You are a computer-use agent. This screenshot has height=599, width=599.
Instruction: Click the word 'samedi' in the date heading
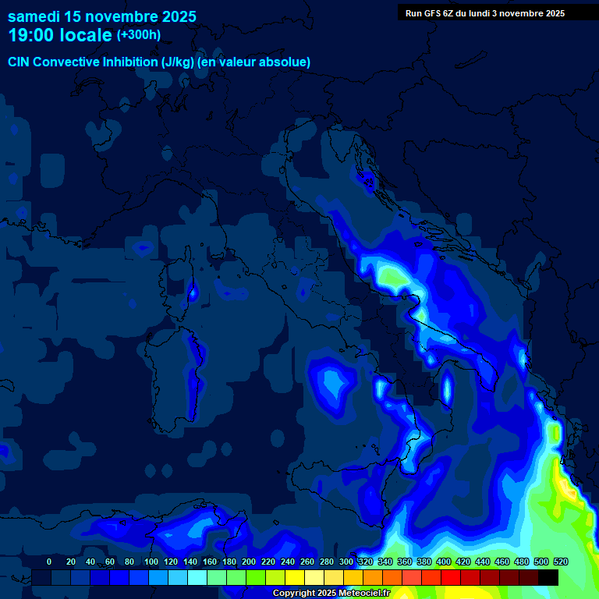click(x=33, y=16)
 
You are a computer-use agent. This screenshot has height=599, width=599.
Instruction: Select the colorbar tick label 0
click(x=49, y=562)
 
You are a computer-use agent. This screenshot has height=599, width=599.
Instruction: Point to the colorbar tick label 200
click(x=248, y=562)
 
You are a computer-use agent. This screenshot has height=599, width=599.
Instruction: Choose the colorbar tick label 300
click(x=346, y=562)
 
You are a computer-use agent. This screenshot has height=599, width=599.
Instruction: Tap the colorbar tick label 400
click(x=443, y=562)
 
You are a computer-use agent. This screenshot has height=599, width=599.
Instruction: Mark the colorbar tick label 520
click(x=560, y=562)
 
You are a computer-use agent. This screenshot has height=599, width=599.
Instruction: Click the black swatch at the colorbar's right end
click(x=548, y=577)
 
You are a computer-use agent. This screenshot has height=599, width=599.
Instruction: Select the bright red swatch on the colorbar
click(x=451, y=577)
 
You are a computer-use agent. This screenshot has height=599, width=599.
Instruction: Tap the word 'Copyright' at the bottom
click(x=295, y=594)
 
